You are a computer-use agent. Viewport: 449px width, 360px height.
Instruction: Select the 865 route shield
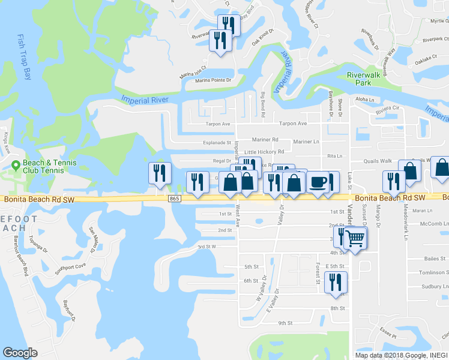pos(174,199)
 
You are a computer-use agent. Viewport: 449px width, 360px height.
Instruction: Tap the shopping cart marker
pos(355,239)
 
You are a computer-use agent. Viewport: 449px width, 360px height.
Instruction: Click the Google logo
pos(20,353)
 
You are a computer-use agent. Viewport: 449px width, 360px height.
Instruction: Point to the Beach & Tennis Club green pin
pos(16,164)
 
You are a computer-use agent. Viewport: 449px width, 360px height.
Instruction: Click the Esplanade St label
pos(217,143)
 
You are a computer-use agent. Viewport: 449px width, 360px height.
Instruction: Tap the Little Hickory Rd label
pos(264,152)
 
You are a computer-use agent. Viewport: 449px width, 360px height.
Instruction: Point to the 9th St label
pos(285,323)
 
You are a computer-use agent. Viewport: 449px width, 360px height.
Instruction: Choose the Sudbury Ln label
pos(432,287)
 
